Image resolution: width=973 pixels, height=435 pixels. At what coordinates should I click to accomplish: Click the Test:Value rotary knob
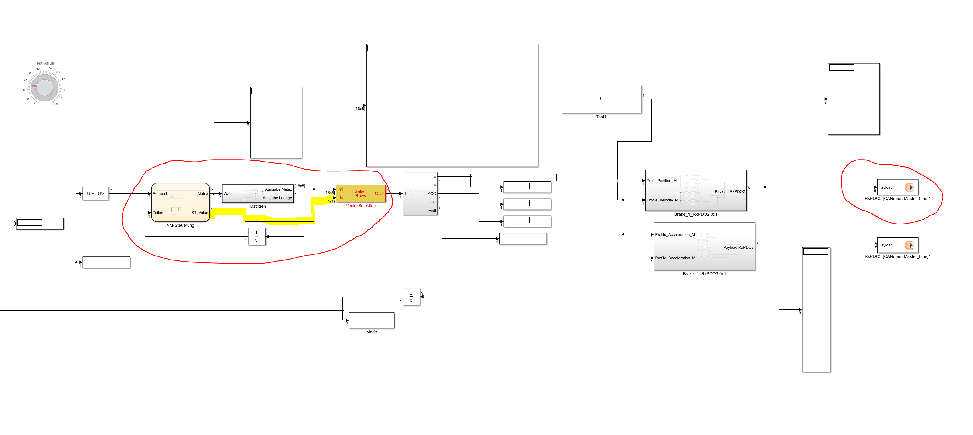(x=45, y=88)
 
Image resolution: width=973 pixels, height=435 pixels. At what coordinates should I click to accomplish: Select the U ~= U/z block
(x=96, y=193)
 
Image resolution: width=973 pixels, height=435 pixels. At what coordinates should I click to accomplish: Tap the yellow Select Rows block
(x=361, y=193)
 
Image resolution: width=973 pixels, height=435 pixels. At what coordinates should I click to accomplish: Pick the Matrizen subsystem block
(x=258, y=193)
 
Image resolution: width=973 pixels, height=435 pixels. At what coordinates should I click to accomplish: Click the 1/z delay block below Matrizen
(x=257, y=237)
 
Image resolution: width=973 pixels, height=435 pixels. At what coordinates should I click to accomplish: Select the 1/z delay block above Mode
(x=411, y=297)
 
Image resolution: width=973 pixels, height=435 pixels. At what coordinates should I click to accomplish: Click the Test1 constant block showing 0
(x=601, y=99)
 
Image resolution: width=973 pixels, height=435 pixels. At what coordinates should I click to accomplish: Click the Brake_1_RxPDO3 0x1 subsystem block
(x=704, y=246)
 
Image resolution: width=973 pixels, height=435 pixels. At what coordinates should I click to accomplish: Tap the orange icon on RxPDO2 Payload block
(x=909, y=187)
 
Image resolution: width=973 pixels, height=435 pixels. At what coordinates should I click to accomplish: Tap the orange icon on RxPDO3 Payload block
(x=909, y=245)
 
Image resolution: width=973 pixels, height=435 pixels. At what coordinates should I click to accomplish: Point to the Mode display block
(x=371, y=320)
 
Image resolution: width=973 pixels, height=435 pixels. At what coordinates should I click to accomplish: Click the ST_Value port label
(x=199, y=213)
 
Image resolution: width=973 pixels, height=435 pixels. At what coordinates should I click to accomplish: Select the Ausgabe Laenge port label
(x=277, y=198)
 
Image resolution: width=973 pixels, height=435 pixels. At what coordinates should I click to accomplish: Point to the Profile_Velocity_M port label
(x=662, y=200)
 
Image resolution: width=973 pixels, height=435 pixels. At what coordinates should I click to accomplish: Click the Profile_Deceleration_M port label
(x=675, y=258)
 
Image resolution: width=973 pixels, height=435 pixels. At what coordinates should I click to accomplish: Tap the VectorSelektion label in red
(x=361, y=206)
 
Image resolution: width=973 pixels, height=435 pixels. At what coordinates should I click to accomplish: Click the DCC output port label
(x=431, y=202)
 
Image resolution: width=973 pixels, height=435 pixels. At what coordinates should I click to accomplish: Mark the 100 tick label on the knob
(x=56, y=105)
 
